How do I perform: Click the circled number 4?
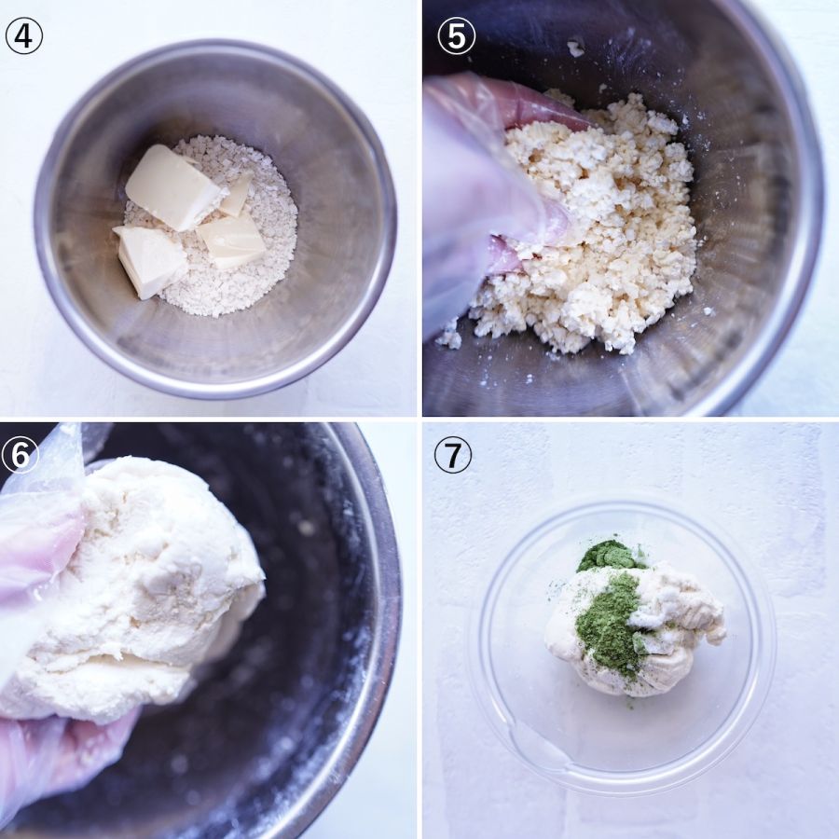[23, 35]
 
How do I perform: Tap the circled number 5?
[456, 35]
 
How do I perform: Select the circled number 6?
[20, 455]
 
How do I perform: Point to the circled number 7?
[453, 455]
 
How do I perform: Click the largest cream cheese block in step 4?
[172, 187]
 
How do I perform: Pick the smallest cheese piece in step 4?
[238, 194]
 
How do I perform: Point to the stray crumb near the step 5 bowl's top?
[575, 48]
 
